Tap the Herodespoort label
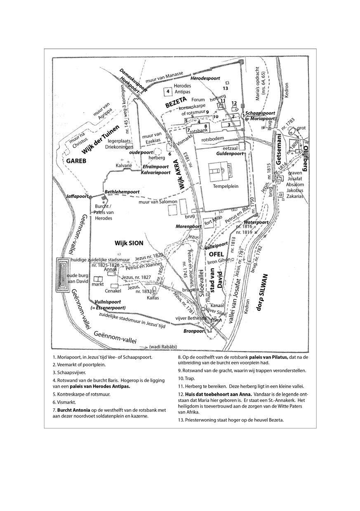coord(205,78)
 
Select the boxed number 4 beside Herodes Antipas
coord(168,91)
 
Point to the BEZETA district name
coord(176,103)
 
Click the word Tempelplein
coord(223,186)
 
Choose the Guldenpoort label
coord(230,153)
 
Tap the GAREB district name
coord(74,161)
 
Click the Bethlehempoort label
coord(122,192)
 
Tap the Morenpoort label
coord(188,227)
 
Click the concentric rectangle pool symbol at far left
coord(63,275)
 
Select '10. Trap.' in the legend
coord(189,378)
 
